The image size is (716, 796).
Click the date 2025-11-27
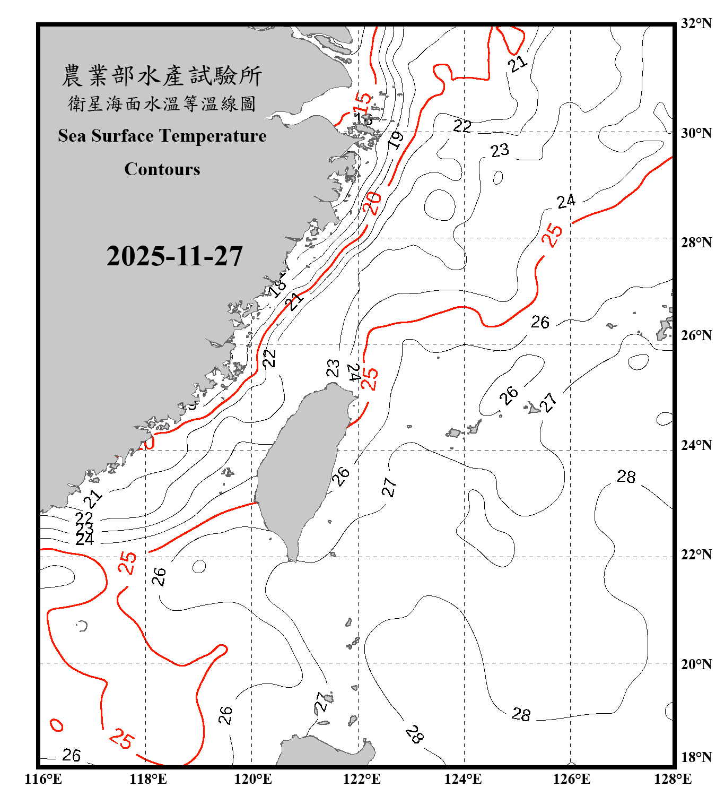tap(174, 256)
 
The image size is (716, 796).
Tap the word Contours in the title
tap(162, 169)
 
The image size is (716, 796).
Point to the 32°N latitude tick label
tap(696, 23)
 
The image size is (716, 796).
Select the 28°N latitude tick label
tap(696, 243)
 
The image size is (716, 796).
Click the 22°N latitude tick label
tap(696, 555)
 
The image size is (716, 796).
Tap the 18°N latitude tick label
tap(696, 757)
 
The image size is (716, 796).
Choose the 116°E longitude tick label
tap(43, 779)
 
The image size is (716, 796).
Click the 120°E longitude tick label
tap(253, 779)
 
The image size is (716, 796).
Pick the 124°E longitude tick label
tap(463, 779)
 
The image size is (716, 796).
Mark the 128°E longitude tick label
tap(673, 779)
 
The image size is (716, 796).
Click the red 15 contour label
tap(362, 100)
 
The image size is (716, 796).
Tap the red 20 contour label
tap(372, 203)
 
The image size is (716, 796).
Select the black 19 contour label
tap(396, 139)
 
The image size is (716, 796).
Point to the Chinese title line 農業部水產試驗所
tap(162, 76)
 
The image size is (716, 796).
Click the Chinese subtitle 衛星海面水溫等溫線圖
tap(162, 104)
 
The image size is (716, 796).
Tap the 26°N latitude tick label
tap(696, 335)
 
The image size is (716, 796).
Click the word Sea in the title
tap(73, 136)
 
